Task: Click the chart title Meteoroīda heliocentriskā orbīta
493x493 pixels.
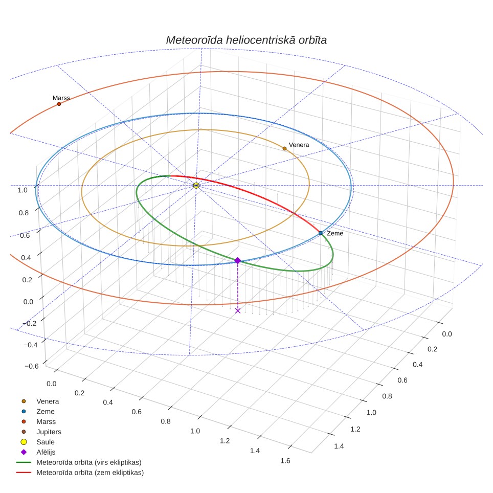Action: [x=246, y=40]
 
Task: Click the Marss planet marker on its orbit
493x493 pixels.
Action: [x=59, y=104]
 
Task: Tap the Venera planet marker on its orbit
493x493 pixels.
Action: [x=284, y=148]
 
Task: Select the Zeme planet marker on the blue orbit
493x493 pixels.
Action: [x=320, y=233]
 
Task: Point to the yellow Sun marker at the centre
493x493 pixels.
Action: [x=196, y=186]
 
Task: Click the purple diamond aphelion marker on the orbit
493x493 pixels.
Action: [x=238, y=260]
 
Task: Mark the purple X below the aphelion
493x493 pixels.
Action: [x=238, y=310]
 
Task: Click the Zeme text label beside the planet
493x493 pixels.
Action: [x=335, y=233]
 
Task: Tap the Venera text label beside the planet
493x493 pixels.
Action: [x=299, y=145]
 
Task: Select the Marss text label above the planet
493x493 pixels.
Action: [x=61, y=98]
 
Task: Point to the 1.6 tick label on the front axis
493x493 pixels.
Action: [x=285, y=461]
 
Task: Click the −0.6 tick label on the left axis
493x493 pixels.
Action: [x=31, y=366]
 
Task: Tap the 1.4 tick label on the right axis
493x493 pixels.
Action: [x=339, y=446]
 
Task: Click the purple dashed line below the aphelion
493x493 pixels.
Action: [x=238, y=285]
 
